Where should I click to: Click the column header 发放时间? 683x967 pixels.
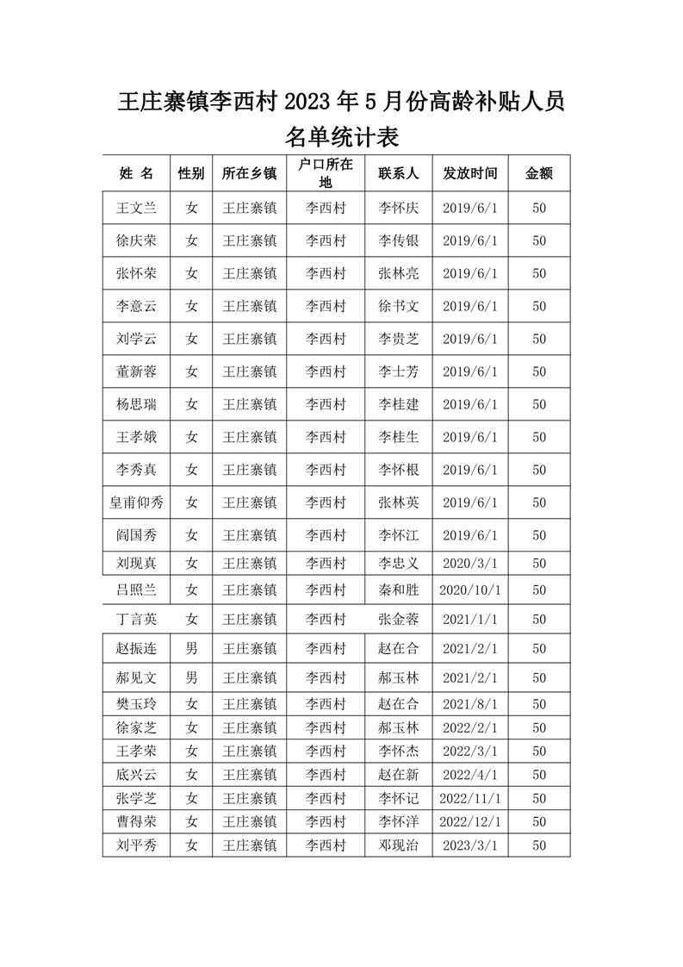(x=470, y=173)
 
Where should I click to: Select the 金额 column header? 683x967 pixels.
(x=539, y=173)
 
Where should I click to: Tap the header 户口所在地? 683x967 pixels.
(x=326, y=173)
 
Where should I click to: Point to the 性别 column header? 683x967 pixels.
(x=191, y=173)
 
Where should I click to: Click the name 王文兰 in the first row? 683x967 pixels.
(x=136, y=208)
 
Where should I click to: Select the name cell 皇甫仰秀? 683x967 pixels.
(x=136, y=502)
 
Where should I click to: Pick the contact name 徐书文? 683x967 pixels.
(x=398, y=306)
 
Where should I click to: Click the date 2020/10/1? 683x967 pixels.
(x=470, y=590)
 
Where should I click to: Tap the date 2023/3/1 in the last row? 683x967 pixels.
(x=470, y=845)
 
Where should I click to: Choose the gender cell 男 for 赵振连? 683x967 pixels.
(x=191, y=648)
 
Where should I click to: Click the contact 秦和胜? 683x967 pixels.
(x=398, y=590)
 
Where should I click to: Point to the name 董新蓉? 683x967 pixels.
(x=136, y=371)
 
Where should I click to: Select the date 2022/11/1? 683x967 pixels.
(x=470, y=798)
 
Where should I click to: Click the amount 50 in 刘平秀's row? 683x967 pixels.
(x=539, y=845)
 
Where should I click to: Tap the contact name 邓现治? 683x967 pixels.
(x=398, y=845)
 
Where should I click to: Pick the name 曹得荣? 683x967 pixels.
(x=136, y=821)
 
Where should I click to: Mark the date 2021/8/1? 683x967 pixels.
(x=470, y=704)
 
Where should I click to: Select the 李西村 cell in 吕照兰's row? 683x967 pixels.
(x=326, y=590)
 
